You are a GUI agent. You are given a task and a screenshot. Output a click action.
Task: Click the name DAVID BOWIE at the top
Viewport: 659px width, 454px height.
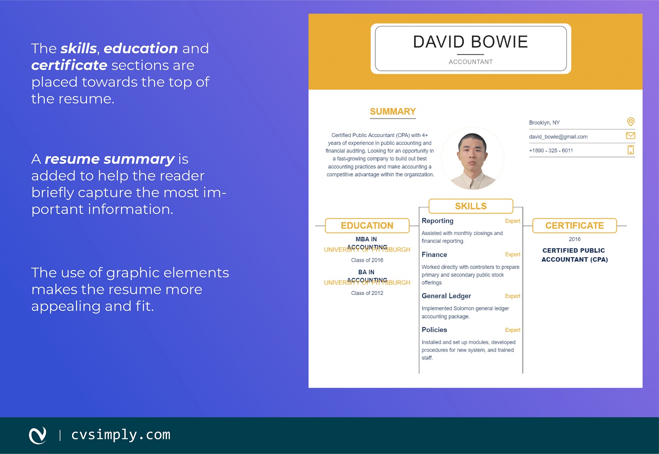471,42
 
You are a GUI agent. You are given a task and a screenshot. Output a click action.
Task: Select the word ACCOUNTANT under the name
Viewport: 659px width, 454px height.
471,62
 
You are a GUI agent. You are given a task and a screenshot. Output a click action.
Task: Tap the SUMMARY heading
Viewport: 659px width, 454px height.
393,112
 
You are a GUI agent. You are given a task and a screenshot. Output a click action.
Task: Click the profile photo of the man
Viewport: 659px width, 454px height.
473,158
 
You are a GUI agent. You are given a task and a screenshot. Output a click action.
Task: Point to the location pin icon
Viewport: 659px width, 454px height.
630,122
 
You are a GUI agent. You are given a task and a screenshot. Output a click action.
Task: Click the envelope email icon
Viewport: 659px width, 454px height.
630,136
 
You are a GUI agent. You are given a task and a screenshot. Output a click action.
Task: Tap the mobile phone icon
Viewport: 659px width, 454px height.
630,150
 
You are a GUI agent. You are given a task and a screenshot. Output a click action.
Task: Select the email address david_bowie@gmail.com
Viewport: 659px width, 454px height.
558,137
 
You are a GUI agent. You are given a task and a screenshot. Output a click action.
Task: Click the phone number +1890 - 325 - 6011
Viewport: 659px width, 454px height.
551,150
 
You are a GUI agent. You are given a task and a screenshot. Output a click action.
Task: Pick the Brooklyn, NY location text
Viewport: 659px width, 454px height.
544,123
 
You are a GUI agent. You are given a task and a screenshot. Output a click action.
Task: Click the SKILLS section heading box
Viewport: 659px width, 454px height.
471,206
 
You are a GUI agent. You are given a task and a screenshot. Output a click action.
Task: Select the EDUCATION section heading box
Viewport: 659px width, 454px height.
367,225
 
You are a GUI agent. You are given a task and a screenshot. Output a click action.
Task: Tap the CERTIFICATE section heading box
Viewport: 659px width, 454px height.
574,225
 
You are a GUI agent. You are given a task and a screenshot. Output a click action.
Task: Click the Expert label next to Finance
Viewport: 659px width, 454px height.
512,254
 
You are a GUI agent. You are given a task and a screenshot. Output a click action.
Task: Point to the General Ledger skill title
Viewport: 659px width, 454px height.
446,296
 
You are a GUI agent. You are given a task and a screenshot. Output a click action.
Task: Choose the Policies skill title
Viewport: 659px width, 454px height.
434,330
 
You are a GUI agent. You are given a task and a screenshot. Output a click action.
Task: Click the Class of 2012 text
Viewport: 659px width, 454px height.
367,293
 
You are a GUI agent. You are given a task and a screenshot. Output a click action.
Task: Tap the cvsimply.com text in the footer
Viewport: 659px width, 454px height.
121,435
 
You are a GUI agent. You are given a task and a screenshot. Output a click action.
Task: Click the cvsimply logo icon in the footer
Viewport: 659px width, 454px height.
38,435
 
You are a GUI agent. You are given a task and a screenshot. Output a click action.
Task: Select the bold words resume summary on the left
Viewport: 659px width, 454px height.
110,159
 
